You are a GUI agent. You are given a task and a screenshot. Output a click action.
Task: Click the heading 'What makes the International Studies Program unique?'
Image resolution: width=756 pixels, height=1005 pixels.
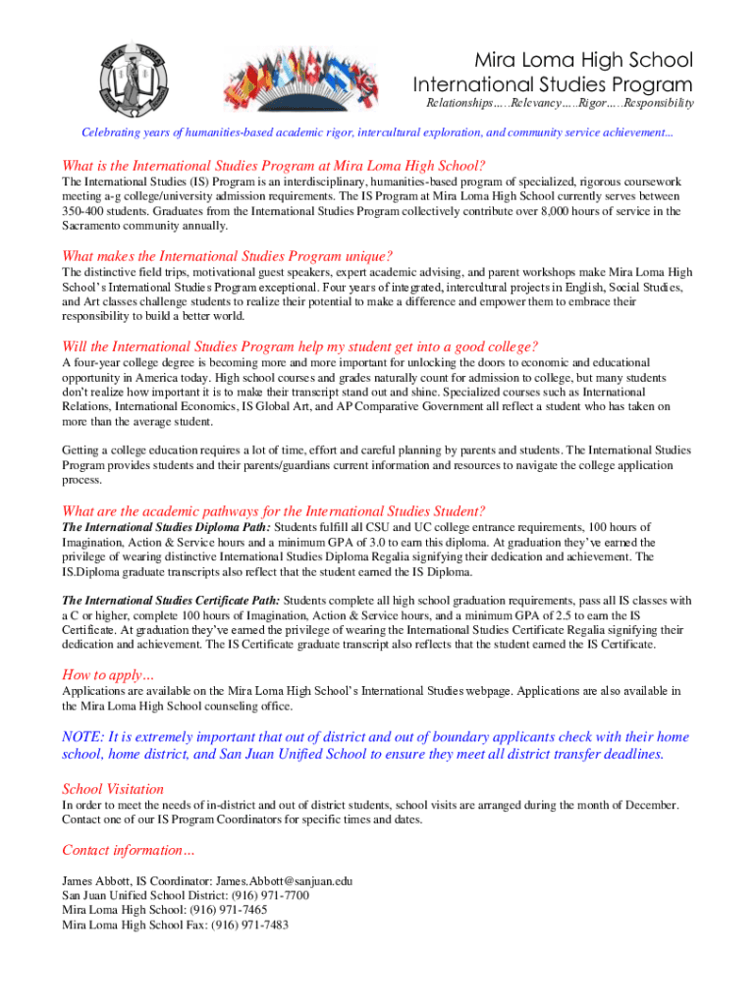tap(227, 256)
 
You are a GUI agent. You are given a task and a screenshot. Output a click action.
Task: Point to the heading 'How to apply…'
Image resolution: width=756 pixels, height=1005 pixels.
tap(108, 674)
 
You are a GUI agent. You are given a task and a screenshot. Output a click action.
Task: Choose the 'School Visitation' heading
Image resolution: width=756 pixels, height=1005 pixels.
tap(113, 789)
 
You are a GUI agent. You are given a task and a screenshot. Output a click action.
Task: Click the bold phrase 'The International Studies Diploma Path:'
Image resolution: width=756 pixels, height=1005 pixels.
tap(173, 527)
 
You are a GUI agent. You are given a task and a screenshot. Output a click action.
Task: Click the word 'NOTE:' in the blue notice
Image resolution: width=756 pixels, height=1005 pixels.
tap(82, 737)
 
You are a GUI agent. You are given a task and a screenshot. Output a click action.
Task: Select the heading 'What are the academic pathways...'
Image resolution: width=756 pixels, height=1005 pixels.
tap(273, 510)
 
